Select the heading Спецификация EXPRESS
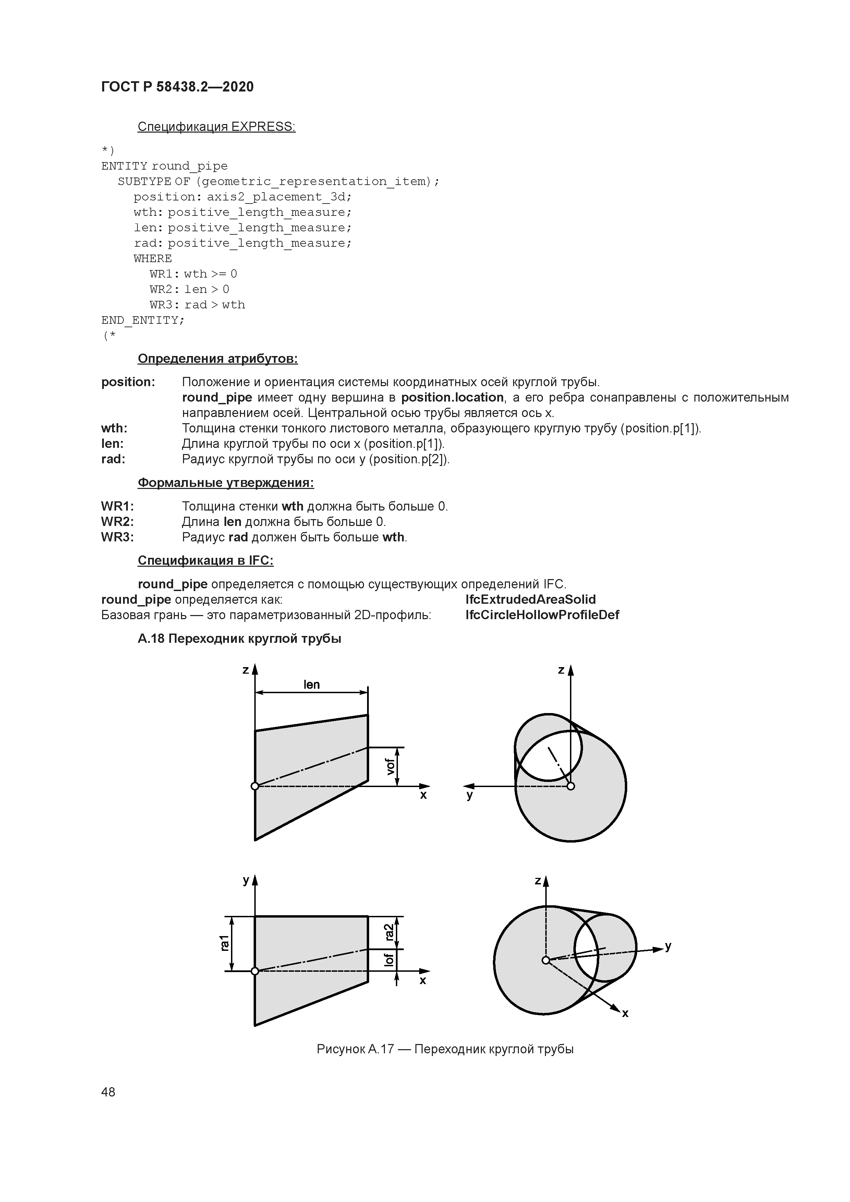point(216,127)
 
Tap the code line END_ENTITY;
point(143,320)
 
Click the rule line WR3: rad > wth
point(197,305)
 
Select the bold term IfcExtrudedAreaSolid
point(530,599)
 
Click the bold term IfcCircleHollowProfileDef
point(542,615)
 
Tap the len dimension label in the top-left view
point(311,685)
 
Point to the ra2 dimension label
point(389,932)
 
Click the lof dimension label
point(389,960)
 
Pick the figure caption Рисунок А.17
point(445,1049)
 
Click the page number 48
point(108,1092)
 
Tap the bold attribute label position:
point(128,382)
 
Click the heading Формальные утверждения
point(226,483)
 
